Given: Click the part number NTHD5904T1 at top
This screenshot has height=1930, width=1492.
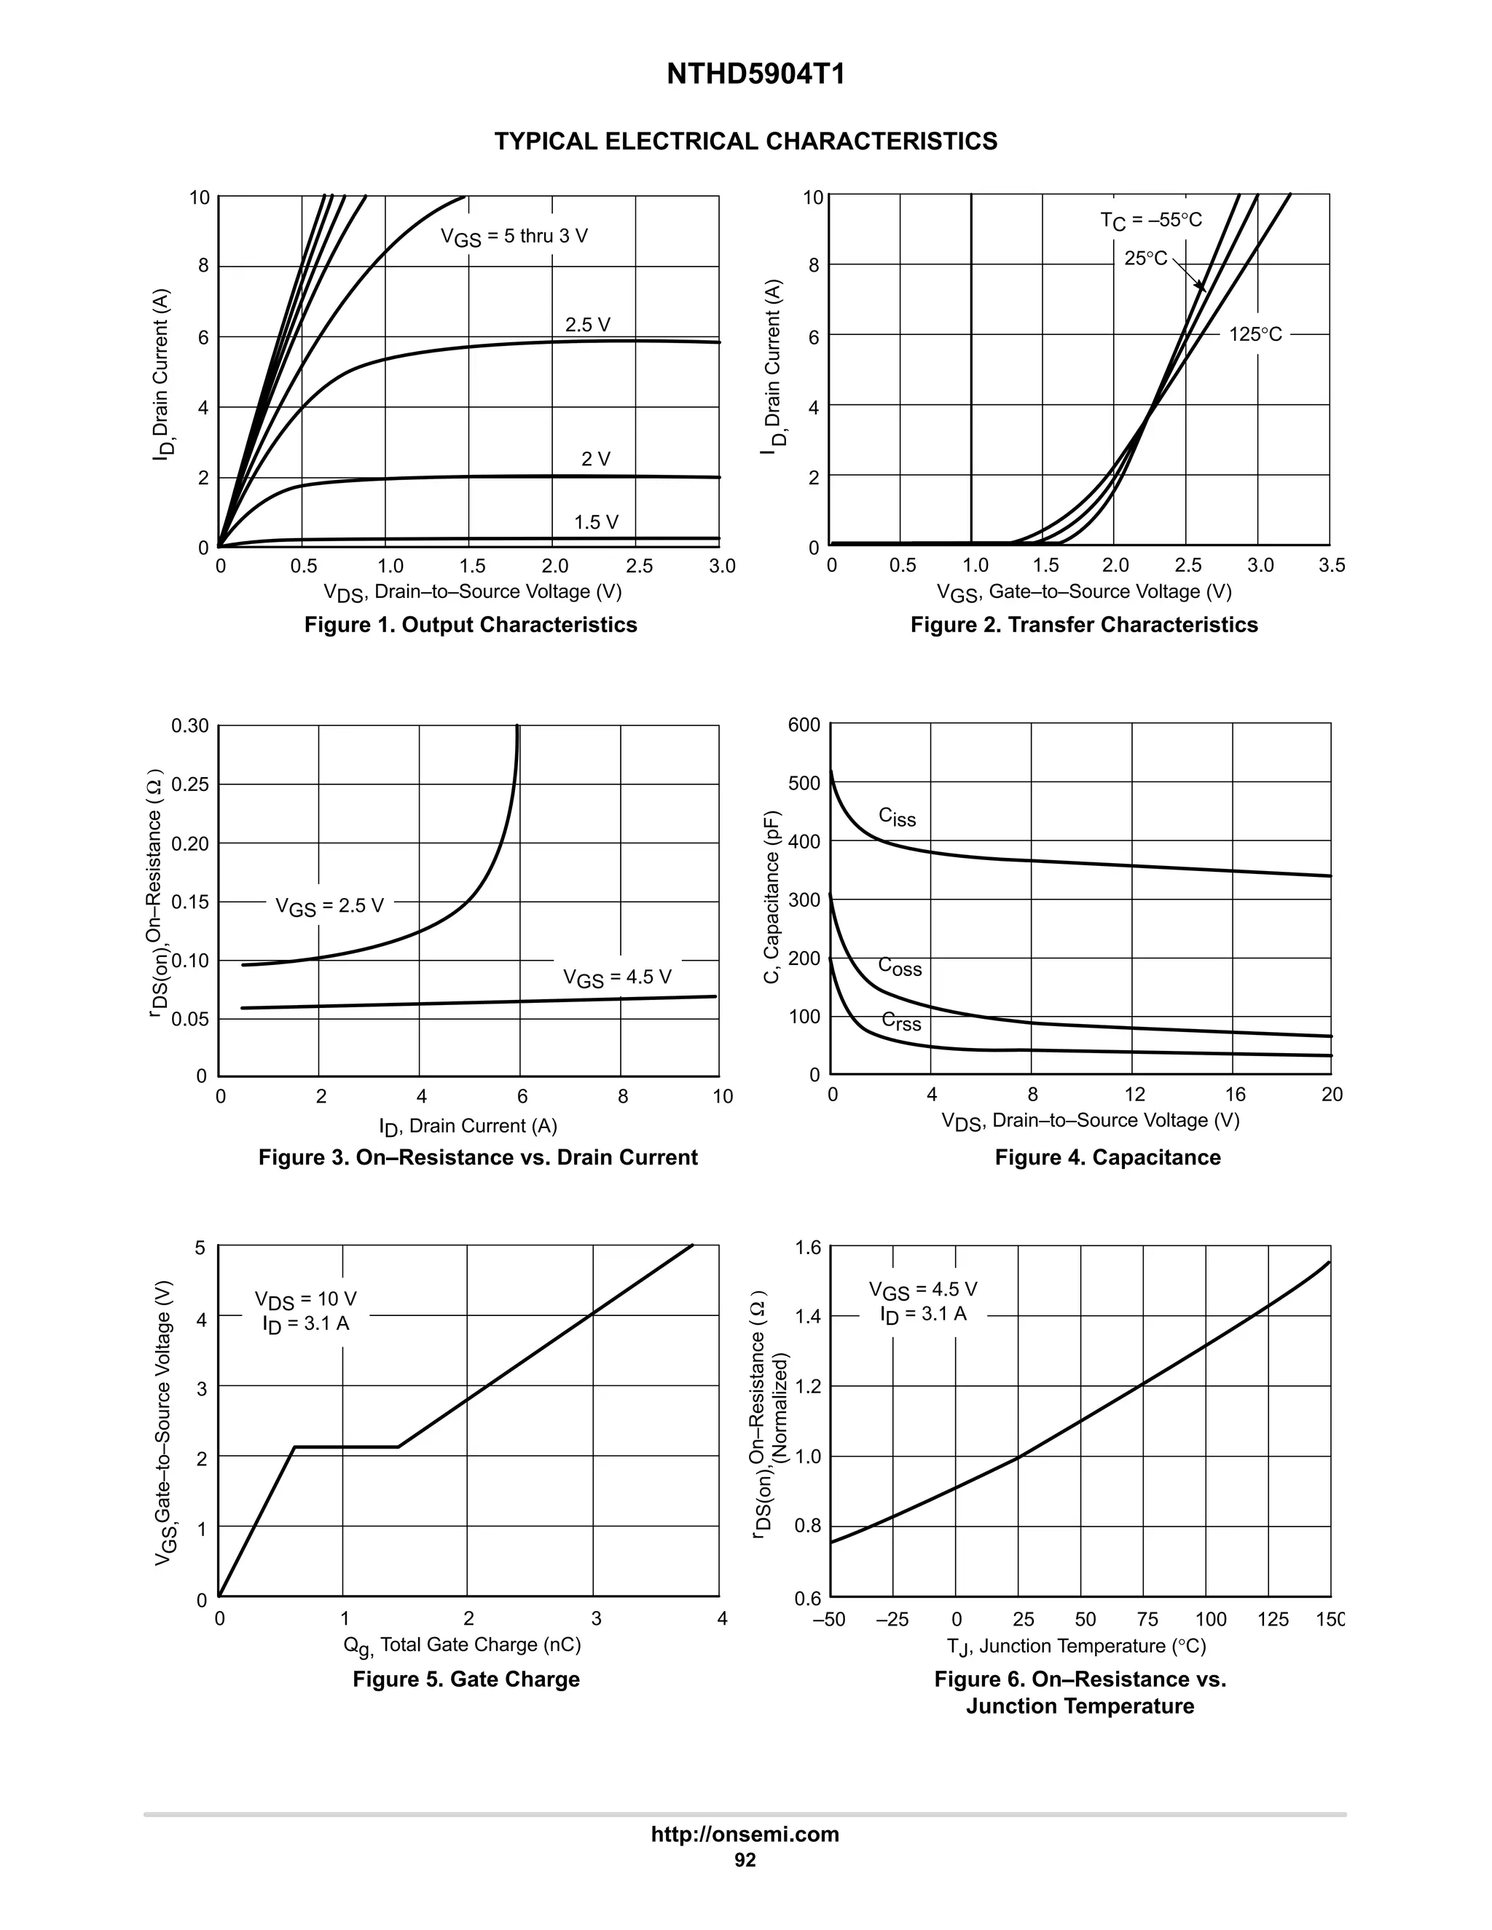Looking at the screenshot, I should coord(755,75).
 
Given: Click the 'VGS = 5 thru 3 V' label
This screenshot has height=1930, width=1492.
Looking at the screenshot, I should coord(514,237).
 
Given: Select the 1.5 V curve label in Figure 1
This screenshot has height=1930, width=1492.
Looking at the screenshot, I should coord(596,522).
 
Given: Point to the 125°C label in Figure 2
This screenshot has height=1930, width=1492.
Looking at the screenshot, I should coord(1255,335).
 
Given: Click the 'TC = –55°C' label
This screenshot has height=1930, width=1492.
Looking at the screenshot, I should coord(1151,220).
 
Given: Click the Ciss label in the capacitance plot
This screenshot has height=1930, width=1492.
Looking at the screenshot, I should coord(897,816).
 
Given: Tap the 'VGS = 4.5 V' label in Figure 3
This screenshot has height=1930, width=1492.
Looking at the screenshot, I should coord(617,977).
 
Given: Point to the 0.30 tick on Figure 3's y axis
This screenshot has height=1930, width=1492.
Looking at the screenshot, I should coord(190,726).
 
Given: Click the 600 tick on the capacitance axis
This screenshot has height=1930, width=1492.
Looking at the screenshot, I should coord(804,725).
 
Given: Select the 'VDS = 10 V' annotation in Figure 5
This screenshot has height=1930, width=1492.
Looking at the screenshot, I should coord(306,1299).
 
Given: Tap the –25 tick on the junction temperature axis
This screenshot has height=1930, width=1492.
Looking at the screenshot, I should coord(892,1619).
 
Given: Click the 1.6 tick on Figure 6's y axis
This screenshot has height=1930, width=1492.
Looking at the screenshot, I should coord(808,1247).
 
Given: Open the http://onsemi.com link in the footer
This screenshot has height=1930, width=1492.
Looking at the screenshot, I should coord(745,1834).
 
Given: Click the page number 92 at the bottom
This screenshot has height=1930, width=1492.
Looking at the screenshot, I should coord(745,1860).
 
